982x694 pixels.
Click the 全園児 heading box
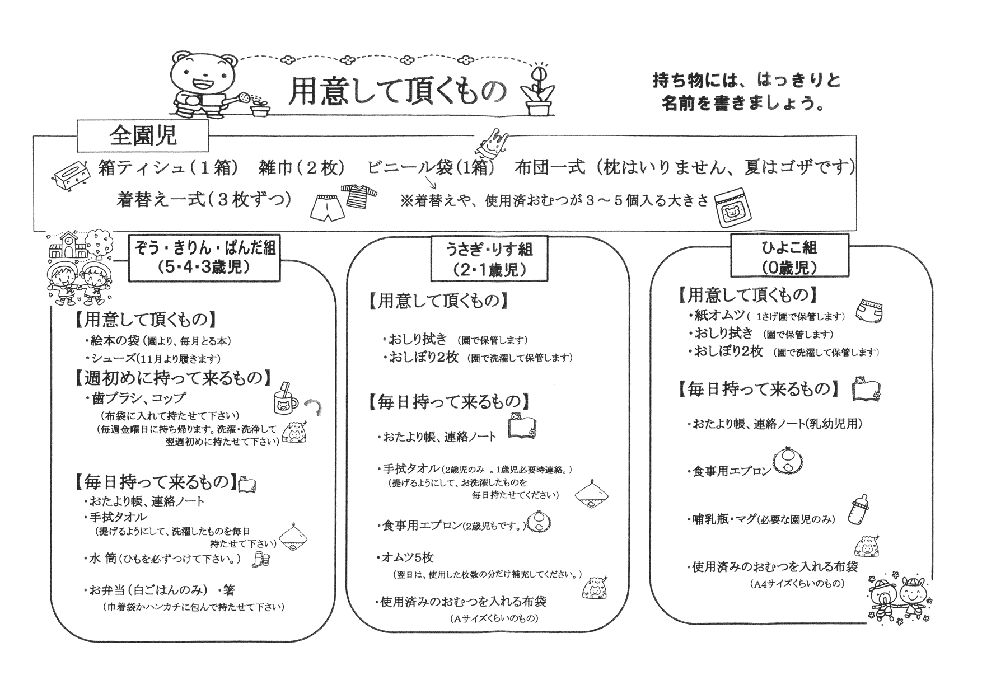point(142,135)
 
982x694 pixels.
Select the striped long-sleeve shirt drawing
point(359,195)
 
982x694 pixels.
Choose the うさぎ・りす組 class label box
point(489,258)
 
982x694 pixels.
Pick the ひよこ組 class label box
point(789,255)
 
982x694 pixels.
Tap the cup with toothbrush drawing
point(285,398)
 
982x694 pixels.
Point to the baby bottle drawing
point(858,509)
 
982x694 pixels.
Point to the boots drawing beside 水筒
point(261,559)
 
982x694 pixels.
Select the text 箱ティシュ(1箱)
point(169,167)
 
